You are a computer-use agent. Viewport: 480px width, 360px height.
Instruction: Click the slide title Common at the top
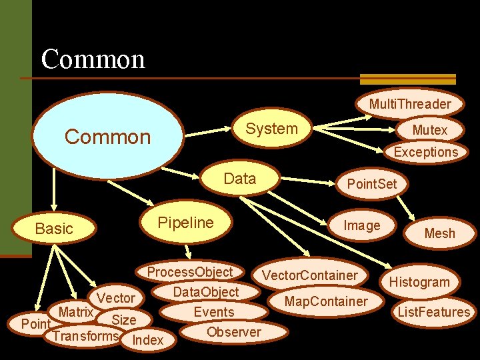pos(93,59)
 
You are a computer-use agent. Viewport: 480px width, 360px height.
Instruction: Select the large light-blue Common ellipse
pos(108,137)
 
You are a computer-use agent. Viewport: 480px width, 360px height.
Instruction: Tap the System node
pos(271,129)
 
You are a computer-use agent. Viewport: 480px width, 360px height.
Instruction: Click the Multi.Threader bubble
pos(410,103)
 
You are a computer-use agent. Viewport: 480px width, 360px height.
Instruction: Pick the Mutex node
pos(429,129)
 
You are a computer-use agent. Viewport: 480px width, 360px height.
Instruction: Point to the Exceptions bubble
pos(425,151)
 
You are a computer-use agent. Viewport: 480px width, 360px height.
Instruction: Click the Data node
pos(240,179)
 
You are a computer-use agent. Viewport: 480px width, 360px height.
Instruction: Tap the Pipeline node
pos(185,223)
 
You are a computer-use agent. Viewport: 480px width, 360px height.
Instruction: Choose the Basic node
pos(54,229)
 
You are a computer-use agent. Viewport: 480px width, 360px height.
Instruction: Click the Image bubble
pos(361,225)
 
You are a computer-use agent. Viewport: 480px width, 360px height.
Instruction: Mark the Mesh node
pos(439,233)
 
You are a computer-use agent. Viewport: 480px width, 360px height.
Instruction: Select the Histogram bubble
pos(419,282)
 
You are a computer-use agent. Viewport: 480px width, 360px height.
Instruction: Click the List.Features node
pos(434,311)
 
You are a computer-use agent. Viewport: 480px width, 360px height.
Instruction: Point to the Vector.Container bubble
pos(309,275)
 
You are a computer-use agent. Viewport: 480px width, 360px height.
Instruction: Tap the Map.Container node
pos(325,301)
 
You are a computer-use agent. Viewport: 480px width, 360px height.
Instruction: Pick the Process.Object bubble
pos(189,271)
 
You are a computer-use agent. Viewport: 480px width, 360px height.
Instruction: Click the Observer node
pos(234,331)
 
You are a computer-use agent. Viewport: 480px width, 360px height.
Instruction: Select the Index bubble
pos(148,340)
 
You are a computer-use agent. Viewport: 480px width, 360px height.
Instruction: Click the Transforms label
pos(85,335)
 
